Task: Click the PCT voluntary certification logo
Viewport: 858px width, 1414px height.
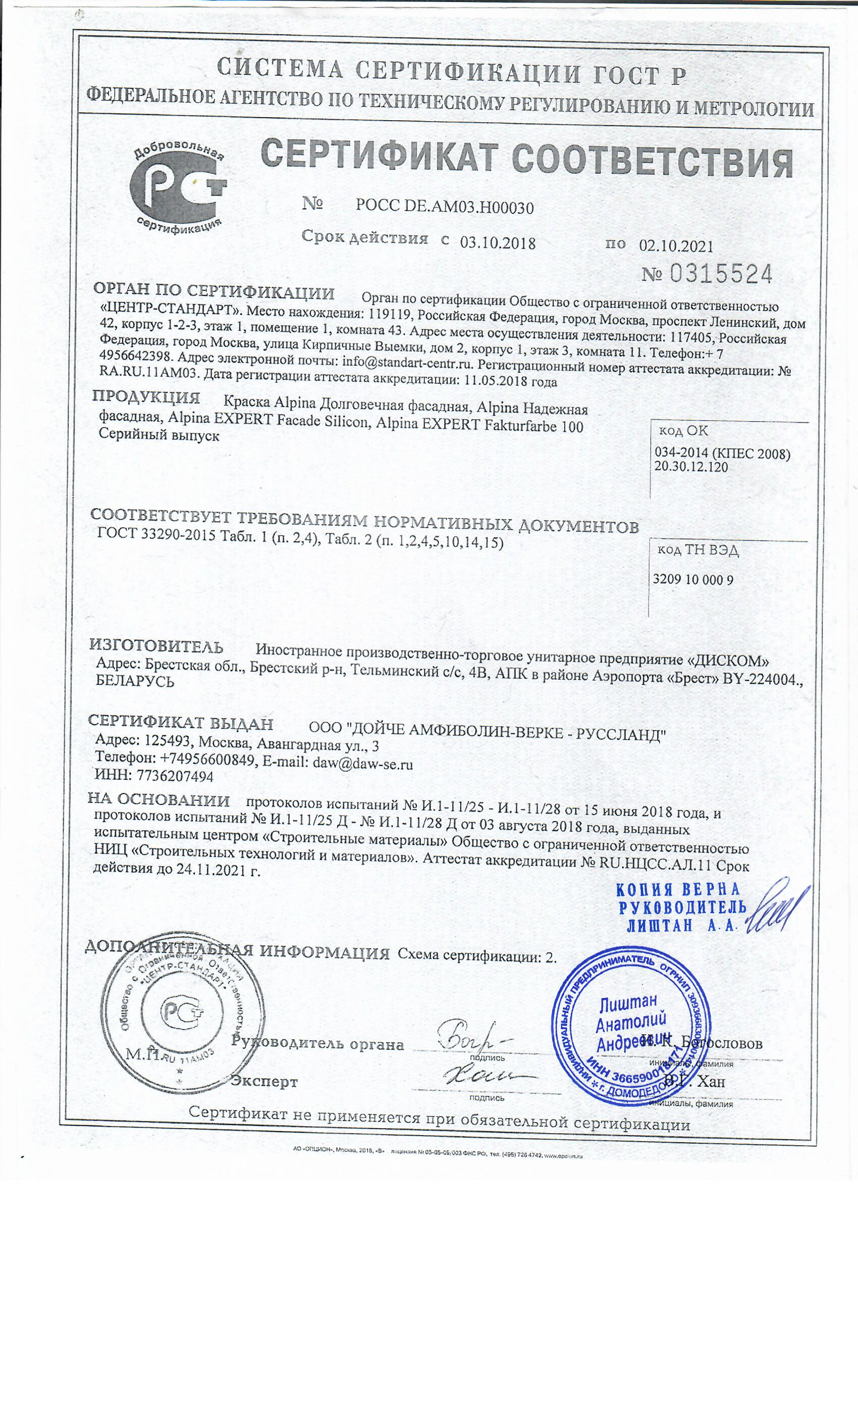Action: tap(178, 185)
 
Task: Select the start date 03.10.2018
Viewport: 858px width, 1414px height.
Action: tap(497, 243)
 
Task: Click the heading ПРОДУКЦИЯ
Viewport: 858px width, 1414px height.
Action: tap(146, 398)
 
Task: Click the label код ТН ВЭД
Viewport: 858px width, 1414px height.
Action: tap(698, 550)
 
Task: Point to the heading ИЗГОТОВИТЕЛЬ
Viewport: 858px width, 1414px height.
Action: tap(156, 647)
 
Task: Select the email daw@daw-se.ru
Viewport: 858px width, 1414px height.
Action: tap(362, 763)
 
